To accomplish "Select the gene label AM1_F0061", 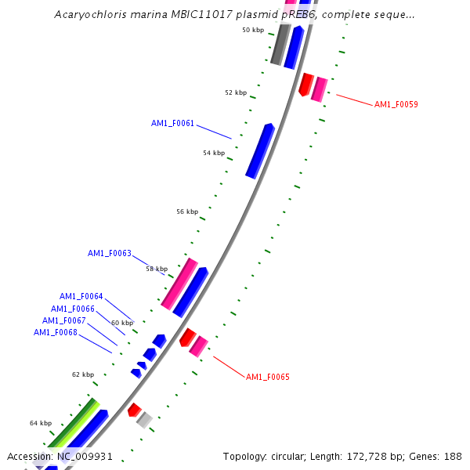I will tap(172, 123).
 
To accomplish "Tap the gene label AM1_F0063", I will tap(109, 253).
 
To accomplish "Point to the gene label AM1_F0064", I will tap(81, 296).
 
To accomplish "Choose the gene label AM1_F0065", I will tap(268, 377).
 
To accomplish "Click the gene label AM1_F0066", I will tap(73, 309).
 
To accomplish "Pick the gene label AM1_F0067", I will tap(63, 320).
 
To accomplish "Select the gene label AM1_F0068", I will tap(55, 332).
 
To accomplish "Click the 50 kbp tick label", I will tap(253, 30).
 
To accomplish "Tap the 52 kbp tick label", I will tap(235, 92).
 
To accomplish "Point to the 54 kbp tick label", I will tap(213, 153).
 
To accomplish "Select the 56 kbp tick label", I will tap(187, 211).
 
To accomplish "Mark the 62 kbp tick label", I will tap(83, 374).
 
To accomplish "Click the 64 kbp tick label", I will tap(41, 423).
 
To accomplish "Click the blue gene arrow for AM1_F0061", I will tap(259, 151).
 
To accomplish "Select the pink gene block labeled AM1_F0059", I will tap(318, 89).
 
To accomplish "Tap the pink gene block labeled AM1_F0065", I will tap(198, 346).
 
